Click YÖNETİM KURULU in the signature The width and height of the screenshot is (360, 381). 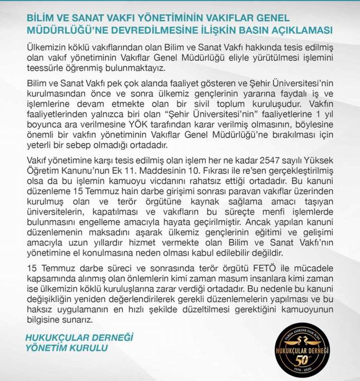click(66, 348)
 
